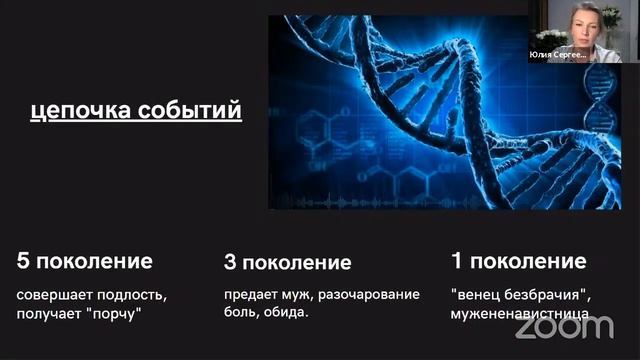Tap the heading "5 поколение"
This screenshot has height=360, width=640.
tap(85, 262)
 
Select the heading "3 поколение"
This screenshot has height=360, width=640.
tap(288, 263)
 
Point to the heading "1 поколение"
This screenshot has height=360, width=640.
tap(518, 262)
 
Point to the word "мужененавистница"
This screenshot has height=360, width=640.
tap(518, 313)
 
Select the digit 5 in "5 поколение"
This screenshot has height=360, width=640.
tap(23, 262)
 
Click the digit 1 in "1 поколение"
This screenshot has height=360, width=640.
tap(456, 262)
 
